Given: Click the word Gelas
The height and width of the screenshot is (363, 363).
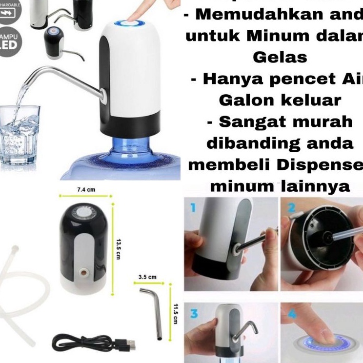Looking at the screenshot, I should click(x=280, y=57).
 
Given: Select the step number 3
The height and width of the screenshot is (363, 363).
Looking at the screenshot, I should click(x=194, y=314).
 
